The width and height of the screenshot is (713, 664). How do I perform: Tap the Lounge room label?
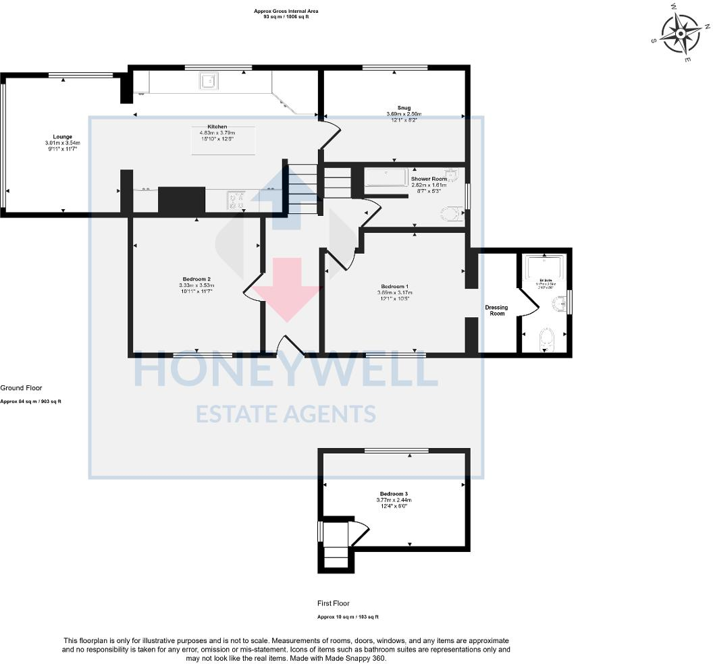tap(63, 136)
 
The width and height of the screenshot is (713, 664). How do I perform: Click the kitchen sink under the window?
tap(207, 82)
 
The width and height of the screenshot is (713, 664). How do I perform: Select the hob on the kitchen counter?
tap(238, 199)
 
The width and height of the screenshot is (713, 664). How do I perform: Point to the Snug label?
tap(404, 107)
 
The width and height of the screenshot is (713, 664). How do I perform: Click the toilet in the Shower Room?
tap(452, 215)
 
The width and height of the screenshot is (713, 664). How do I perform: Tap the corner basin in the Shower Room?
tap(454, 176)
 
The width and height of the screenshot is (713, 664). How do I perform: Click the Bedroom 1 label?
tap(394, 287)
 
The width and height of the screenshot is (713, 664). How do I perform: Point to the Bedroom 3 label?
tap(394, 494)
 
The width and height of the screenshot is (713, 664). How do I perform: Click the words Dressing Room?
tap(496, 310)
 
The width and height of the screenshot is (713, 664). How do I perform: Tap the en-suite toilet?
tap(546, 341)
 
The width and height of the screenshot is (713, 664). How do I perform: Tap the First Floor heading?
tap(334, 603)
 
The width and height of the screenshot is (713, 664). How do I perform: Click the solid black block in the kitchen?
tap(181, 200)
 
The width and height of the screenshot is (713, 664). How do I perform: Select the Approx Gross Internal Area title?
tap(286, 11)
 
